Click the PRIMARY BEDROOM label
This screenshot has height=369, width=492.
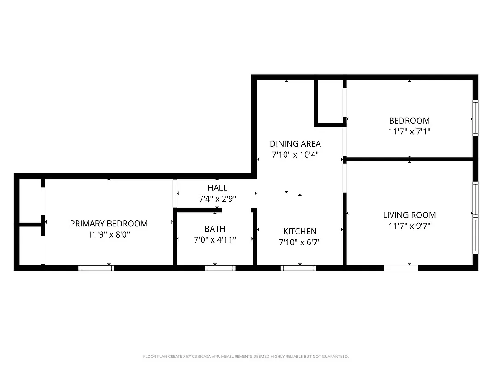point(109,224)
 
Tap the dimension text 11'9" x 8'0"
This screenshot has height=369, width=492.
point(109,234)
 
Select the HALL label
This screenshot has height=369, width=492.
point(217,188)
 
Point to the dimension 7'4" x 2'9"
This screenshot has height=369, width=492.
point(217,199)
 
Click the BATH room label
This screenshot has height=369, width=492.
point(215,229)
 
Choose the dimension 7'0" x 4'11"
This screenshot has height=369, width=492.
point(215,239)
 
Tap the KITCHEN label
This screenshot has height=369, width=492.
point(300,232)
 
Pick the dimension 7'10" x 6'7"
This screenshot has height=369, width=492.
point(300,242)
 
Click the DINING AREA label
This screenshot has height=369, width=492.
point(295,144)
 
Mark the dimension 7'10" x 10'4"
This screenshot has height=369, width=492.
point(295,155)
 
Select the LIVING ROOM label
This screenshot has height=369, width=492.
point(409,215)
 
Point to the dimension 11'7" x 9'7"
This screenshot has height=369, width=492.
point(409,226)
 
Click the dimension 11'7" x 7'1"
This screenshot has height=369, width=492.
point(409,131)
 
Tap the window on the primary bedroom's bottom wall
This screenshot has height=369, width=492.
point(96,268)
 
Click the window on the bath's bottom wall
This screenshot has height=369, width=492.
point(220,268)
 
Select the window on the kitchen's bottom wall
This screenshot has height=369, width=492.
point(298,268)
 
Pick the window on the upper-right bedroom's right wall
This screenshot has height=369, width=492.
point(475,118)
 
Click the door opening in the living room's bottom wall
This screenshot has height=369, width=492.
point(401,268)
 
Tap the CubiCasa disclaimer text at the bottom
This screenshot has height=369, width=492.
point(246,357)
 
